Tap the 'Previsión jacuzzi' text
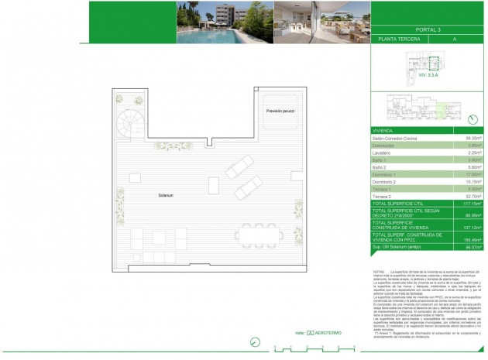[x=280, y=111]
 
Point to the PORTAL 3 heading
[x=428, y=28]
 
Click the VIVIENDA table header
[x=384, y=131]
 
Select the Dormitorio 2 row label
[x=388, y=182]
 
